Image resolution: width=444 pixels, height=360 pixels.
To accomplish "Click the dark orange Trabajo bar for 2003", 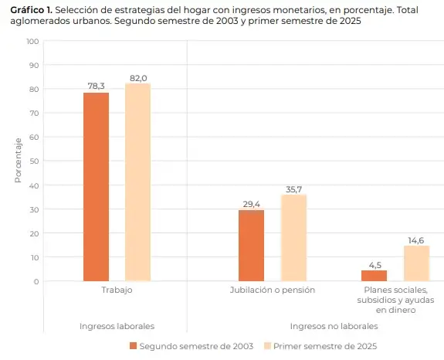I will pyautogui.click(x=97, y=186).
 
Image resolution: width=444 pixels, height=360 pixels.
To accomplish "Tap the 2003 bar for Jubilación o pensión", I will pyautogui.click(x=251, y=245).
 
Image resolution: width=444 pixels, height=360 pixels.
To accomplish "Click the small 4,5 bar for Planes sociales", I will pyautogui.click(x=374, y=275).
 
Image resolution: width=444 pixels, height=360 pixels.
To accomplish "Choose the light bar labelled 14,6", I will pyautogui.click(x=415, y=263).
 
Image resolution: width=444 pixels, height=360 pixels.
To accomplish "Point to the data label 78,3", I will pyautogui.click(x=97, y=87).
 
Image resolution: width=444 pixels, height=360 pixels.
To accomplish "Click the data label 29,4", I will pyautogui.click(x=251, y=204).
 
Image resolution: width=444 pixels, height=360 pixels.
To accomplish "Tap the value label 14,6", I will pyautogui.click(x=415, y=240).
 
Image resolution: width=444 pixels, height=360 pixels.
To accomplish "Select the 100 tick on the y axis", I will pyautogui.click(x=32, y=41).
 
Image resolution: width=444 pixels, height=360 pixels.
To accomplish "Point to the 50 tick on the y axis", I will pyautogui.click(x=34, y=161).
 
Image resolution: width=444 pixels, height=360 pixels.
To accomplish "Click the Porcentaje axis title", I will pyautogui.click(x=17, y=161).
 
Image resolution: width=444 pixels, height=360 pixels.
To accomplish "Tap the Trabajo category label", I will pyautogui.click(x=117, y=290).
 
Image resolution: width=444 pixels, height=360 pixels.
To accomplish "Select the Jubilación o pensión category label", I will pyautogui.click(x=272, y=290).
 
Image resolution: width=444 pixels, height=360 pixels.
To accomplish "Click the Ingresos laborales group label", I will pyautogui.click(x=117, y=326).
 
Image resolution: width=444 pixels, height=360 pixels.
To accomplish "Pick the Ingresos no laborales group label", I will pyautogui.click(x=333, y=326).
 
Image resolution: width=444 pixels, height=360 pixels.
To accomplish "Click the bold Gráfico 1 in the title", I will pyautogui.click(x=31, y=8).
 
